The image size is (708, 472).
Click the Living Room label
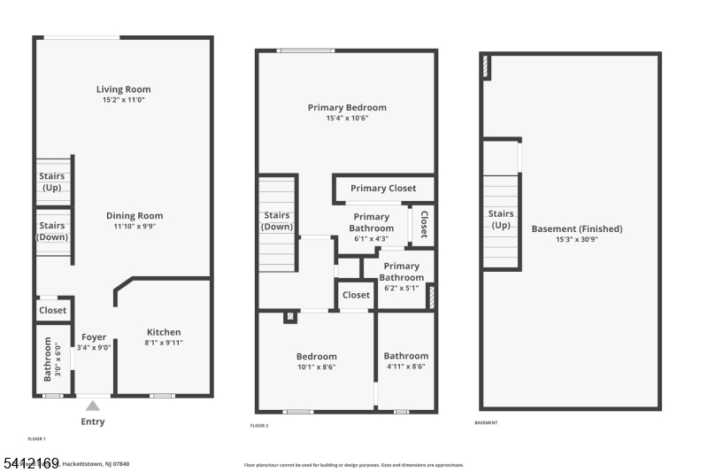[x=123, y=89]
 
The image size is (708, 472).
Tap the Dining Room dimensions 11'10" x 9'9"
[x=135, y=227]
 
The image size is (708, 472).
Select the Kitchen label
[x=164, y=332]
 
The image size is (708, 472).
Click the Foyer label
[x=94, y=337]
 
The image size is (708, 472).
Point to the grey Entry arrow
[x=93, y=406]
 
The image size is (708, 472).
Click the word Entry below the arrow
[x=93, y=422]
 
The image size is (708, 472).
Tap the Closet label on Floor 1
[x=52, y=311]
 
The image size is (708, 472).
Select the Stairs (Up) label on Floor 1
[x=51, y=182]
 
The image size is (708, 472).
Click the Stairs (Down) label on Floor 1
[x=51, y=231]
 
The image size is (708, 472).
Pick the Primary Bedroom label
[x=347, y=108]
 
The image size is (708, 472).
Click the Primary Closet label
[x=382, y=189]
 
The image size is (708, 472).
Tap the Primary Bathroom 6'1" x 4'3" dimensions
[x=372, y=239]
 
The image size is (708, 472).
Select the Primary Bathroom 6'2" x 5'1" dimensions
[x=402, y=288]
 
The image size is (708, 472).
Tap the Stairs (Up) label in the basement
[x=501, y=219]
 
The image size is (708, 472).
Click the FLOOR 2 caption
[x=259, y=425]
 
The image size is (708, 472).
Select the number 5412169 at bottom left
[x=31, y=463]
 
